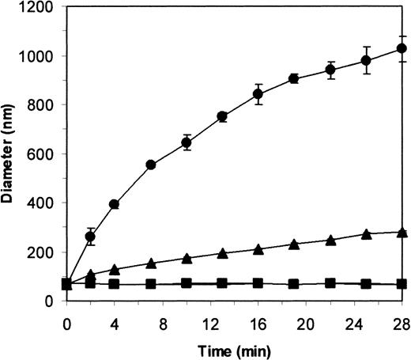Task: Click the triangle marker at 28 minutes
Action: [x=402, y=233]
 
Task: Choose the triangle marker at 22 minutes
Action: [x=330, y=240]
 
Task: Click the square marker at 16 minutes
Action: [x=258, y=283]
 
